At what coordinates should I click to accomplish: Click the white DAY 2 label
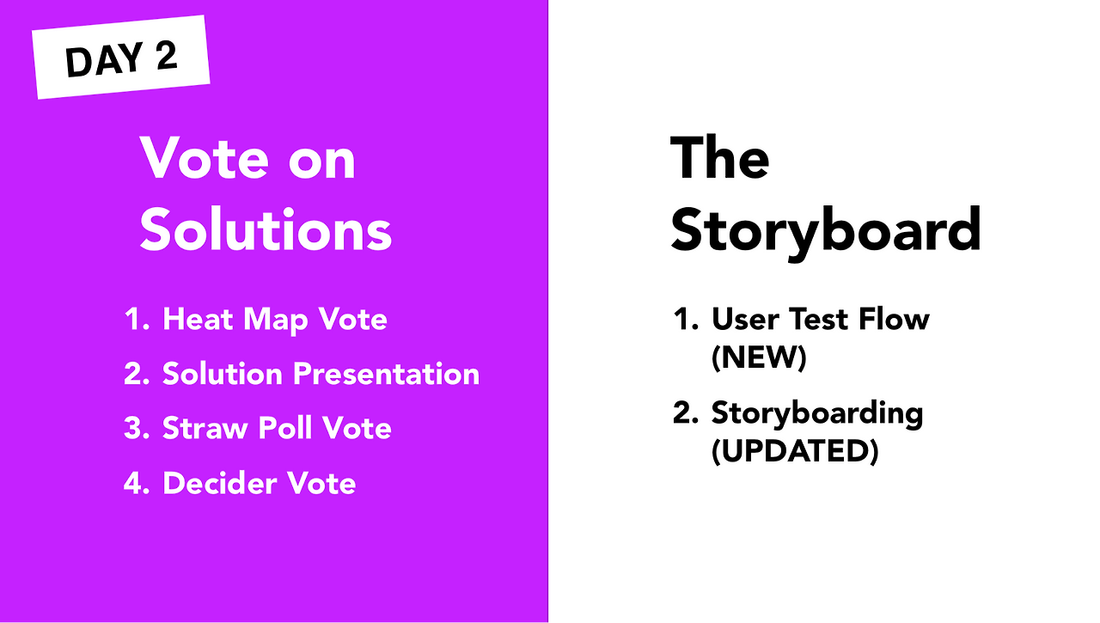pos(121,57)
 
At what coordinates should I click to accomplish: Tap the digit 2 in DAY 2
pos(167,55)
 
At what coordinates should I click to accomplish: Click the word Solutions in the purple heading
pos(266,229)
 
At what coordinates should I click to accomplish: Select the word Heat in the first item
pos(198,319)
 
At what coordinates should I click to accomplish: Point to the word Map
pos(276,321)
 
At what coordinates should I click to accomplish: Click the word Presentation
pos(386,374)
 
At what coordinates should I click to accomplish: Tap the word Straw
pos(205,428)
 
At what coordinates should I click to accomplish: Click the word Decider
pos(219,483)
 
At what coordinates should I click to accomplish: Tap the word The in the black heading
pos(720,158)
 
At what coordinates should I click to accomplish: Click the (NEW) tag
pos(759,357)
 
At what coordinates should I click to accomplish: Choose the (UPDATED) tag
pos(795,450)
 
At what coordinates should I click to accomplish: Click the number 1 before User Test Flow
pos(685,319)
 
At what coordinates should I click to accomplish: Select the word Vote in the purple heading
pos(205,158)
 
